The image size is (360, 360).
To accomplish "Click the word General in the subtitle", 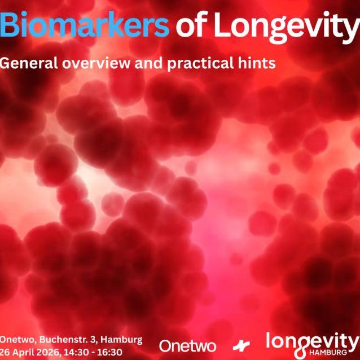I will (x=25, y=62).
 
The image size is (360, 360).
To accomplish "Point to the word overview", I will (x=92, y=62).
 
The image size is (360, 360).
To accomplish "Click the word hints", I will (x=258, y=62).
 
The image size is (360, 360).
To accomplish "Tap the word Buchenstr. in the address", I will (x=65, y=340).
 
